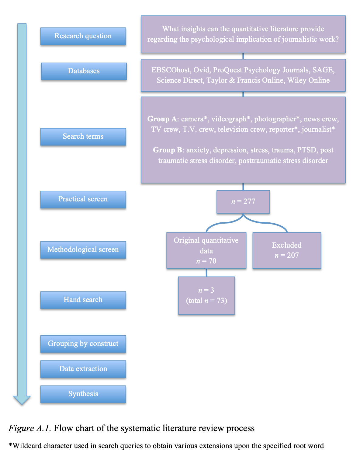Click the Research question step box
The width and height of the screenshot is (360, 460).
(x=83, y=36)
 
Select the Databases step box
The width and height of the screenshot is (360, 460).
(x=84, y=71)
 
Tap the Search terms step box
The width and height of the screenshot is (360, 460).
(x=83, y=137)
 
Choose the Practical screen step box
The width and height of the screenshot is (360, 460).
(x=83, y=199)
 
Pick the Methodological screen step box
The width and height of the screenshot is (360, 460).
(x=83, y=250)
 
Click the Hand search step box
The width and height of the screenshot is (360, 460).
(x=83, y=300)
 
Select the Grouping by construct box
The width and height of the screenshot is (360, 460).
(x=83, y=344)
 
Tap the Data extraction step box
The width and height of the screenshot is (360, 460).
(x=83, y=369)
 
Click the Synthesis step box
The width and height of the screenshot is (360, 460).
(x=83, y=394)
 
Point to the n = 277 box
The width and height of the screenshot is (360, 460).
(x=243, y=202)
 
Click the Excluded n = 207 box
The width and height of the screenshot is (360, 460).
(x=287, y=250)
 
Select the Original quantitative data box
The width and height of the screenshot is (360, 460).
(x=206, y=250)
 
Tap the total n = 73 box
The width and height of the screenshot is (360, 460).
(x=206, y=295)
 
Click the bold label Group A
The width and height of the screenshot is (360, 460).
(x=162, y=119)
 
